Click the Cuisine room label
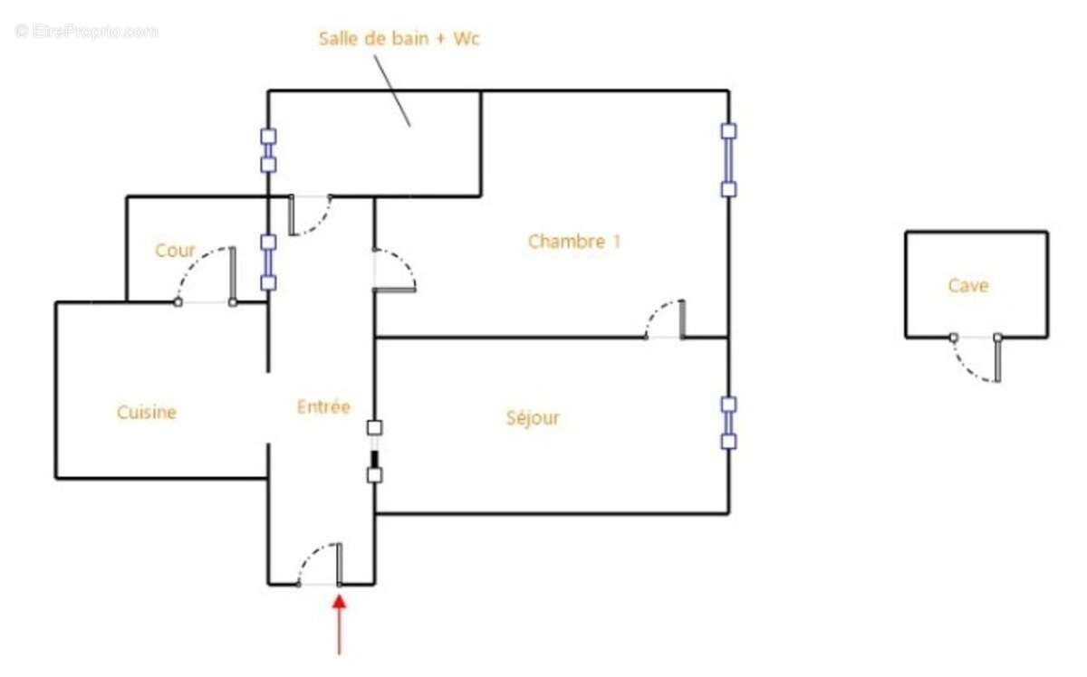[147, 412]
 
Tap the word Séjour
[533, 417]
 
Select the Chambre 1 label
[574, 241]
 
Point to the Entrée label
[323, 406]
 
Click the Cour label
[175, 250]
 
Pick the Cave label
[968, 286]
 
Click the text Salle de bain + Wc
[399, 38]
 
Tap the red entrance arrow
[339, 625]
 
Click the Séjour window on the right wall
[728, 423]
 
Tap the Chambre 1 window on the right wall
[728, 160]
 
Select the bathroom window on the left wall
[268, 150]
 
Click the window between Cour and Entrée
[268, 262]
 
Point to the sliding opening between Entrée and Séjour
[374, 452]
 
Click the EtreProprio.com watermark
[86, 32]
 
